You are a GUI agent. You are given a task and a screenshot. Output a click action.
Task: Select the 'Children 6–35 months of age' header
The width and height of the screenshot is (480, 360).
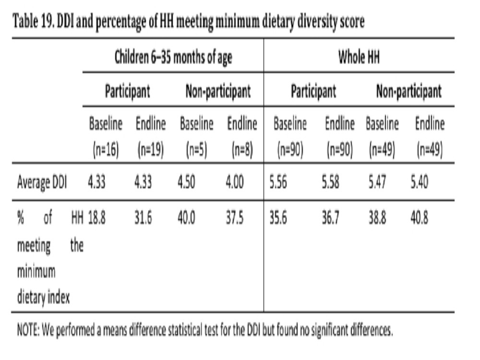pos(173,57)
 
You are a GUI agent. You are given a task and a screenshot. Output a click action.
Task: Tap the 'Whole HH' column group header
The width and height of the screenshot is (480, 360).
pos(359,57)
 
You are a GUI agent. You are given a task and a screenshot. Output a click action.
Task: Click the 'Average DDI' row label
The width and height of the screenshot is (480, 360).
pos(42,182)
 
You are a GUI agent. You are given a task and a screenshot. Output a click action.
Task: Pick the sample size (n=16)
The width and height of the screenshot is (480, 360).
pos(106,150)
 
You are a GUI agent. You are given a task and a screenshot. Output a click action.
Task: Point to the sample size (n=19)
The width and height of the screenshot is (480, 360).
pos(151,150)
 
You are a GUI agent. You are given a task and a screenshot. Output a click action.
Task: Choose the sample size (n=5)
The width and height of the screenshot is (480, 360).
pos(196,150)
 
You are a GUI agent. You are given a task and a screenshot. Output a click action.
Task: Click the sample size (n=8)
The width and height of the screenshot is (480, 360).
pos(242,150)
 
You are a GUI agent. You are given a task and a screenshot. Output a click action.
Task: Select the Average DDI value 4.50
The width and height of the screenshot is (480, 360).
pos(186,182)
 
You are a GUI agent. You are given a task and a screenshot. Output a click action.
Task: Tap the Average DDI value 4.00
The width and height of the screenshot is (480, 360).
pos(235,182)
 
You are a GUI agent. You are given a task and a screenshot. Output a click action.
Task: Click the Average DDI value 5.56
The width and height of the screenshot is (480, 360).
pos(278,182)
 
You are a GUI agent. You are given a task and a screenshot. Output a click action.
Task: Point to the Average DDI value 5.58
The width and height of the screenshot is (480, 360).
pos(330,182)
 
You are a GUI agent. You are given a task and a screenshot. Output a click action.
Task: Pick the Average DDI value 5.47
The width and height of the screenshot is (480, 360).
pos(377,182)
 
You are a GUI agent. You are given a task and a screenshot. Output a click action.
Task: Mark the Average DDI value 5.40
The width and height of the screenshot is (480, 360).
pos(420,182)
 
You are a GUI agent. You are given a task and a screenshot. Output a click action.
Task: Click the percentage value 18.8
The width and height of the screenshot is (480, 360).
pos(97,218)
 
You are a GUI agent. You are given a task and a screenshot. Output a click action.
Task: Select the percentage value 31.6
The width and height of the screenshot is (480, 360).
pos(143,218)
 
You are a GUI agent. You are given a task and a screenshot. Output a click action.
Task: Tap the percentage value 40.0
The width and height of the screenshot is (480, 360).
pos(186,218)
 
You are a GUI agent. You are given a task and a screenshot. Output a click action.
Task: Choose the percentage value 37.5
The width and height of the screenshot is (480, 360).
pos(235,218)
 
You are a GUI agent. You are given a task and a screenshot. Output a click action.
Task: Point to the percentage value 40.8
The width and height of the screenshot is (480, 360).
pos(420,218)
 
